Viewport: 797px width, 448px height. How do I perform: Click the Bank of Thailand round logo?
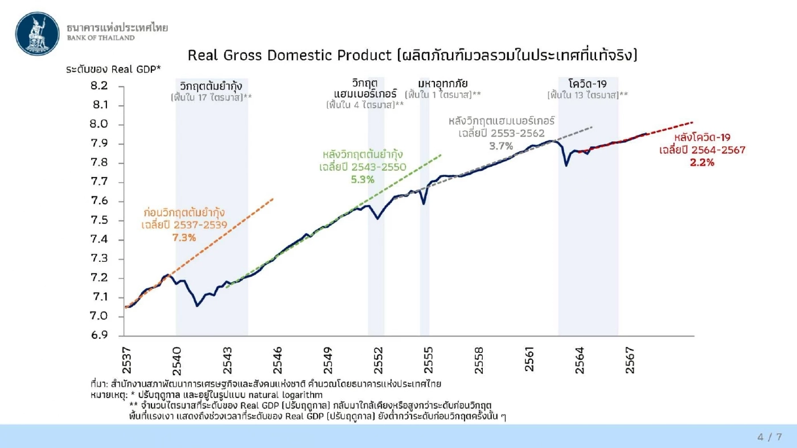(38, 32)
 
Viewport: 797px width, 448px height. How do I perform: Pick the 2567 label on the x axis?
(630, 360)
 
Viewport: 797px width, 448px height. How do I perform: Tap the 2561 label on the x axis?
(529, 359)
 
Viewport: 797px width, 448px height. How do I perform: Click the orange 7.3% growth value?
(184, 237)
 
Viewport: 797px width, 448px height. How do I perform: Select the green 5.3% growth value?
(362, 179)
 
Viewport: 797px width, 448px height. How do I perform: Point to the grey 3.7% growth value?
(501, 146)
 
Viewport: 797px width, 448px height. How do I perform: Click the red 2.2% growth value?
(702, 162)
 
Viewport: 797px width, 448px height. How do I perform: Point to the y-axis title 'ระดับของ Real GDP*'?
(113, 69)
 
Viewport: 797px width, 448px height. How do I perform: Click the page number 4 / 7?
(770, 437)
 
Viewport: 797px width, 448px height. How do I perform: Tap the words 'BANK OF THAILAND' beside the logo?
(101, 38)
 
